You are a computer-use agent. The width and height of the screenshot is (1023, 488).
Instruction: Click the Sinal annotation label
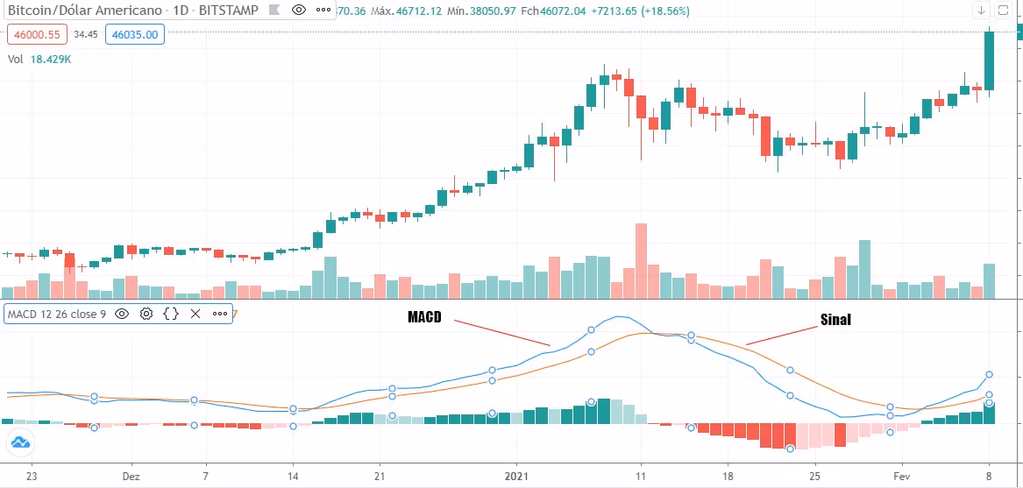835,320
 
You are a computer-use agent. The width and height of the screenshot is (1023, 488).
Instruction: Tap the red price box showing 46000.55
36,35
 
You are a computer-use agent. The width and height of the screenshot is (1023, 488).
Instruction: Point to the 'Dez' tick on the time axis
131,477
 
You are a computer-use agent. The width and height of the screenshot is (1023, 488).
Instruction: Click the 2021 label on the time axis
516,477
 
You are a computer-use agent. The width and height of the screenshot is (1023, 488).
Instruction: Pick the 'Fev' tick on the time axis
903,477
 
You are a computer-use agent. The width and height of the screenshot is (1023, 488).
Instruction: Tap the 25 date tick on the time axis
814,477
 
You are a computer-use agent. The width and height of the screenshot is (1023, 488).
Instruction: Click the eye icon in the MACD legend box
122,313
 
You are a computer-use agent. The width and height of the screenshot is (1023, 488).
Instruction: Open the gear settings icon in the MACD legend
146,313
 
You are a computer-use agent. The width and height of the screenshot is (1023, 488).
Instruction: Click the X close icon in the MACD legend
195,313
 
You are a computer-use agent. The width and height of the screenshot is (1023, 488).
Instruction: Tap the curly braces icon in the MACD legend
171,313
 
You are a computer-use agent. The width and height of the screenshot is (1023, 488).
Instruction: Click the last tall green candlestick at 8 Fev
990,60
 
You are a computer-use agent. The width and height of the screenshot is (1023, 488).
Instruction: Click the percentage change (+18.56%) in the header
636,11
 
